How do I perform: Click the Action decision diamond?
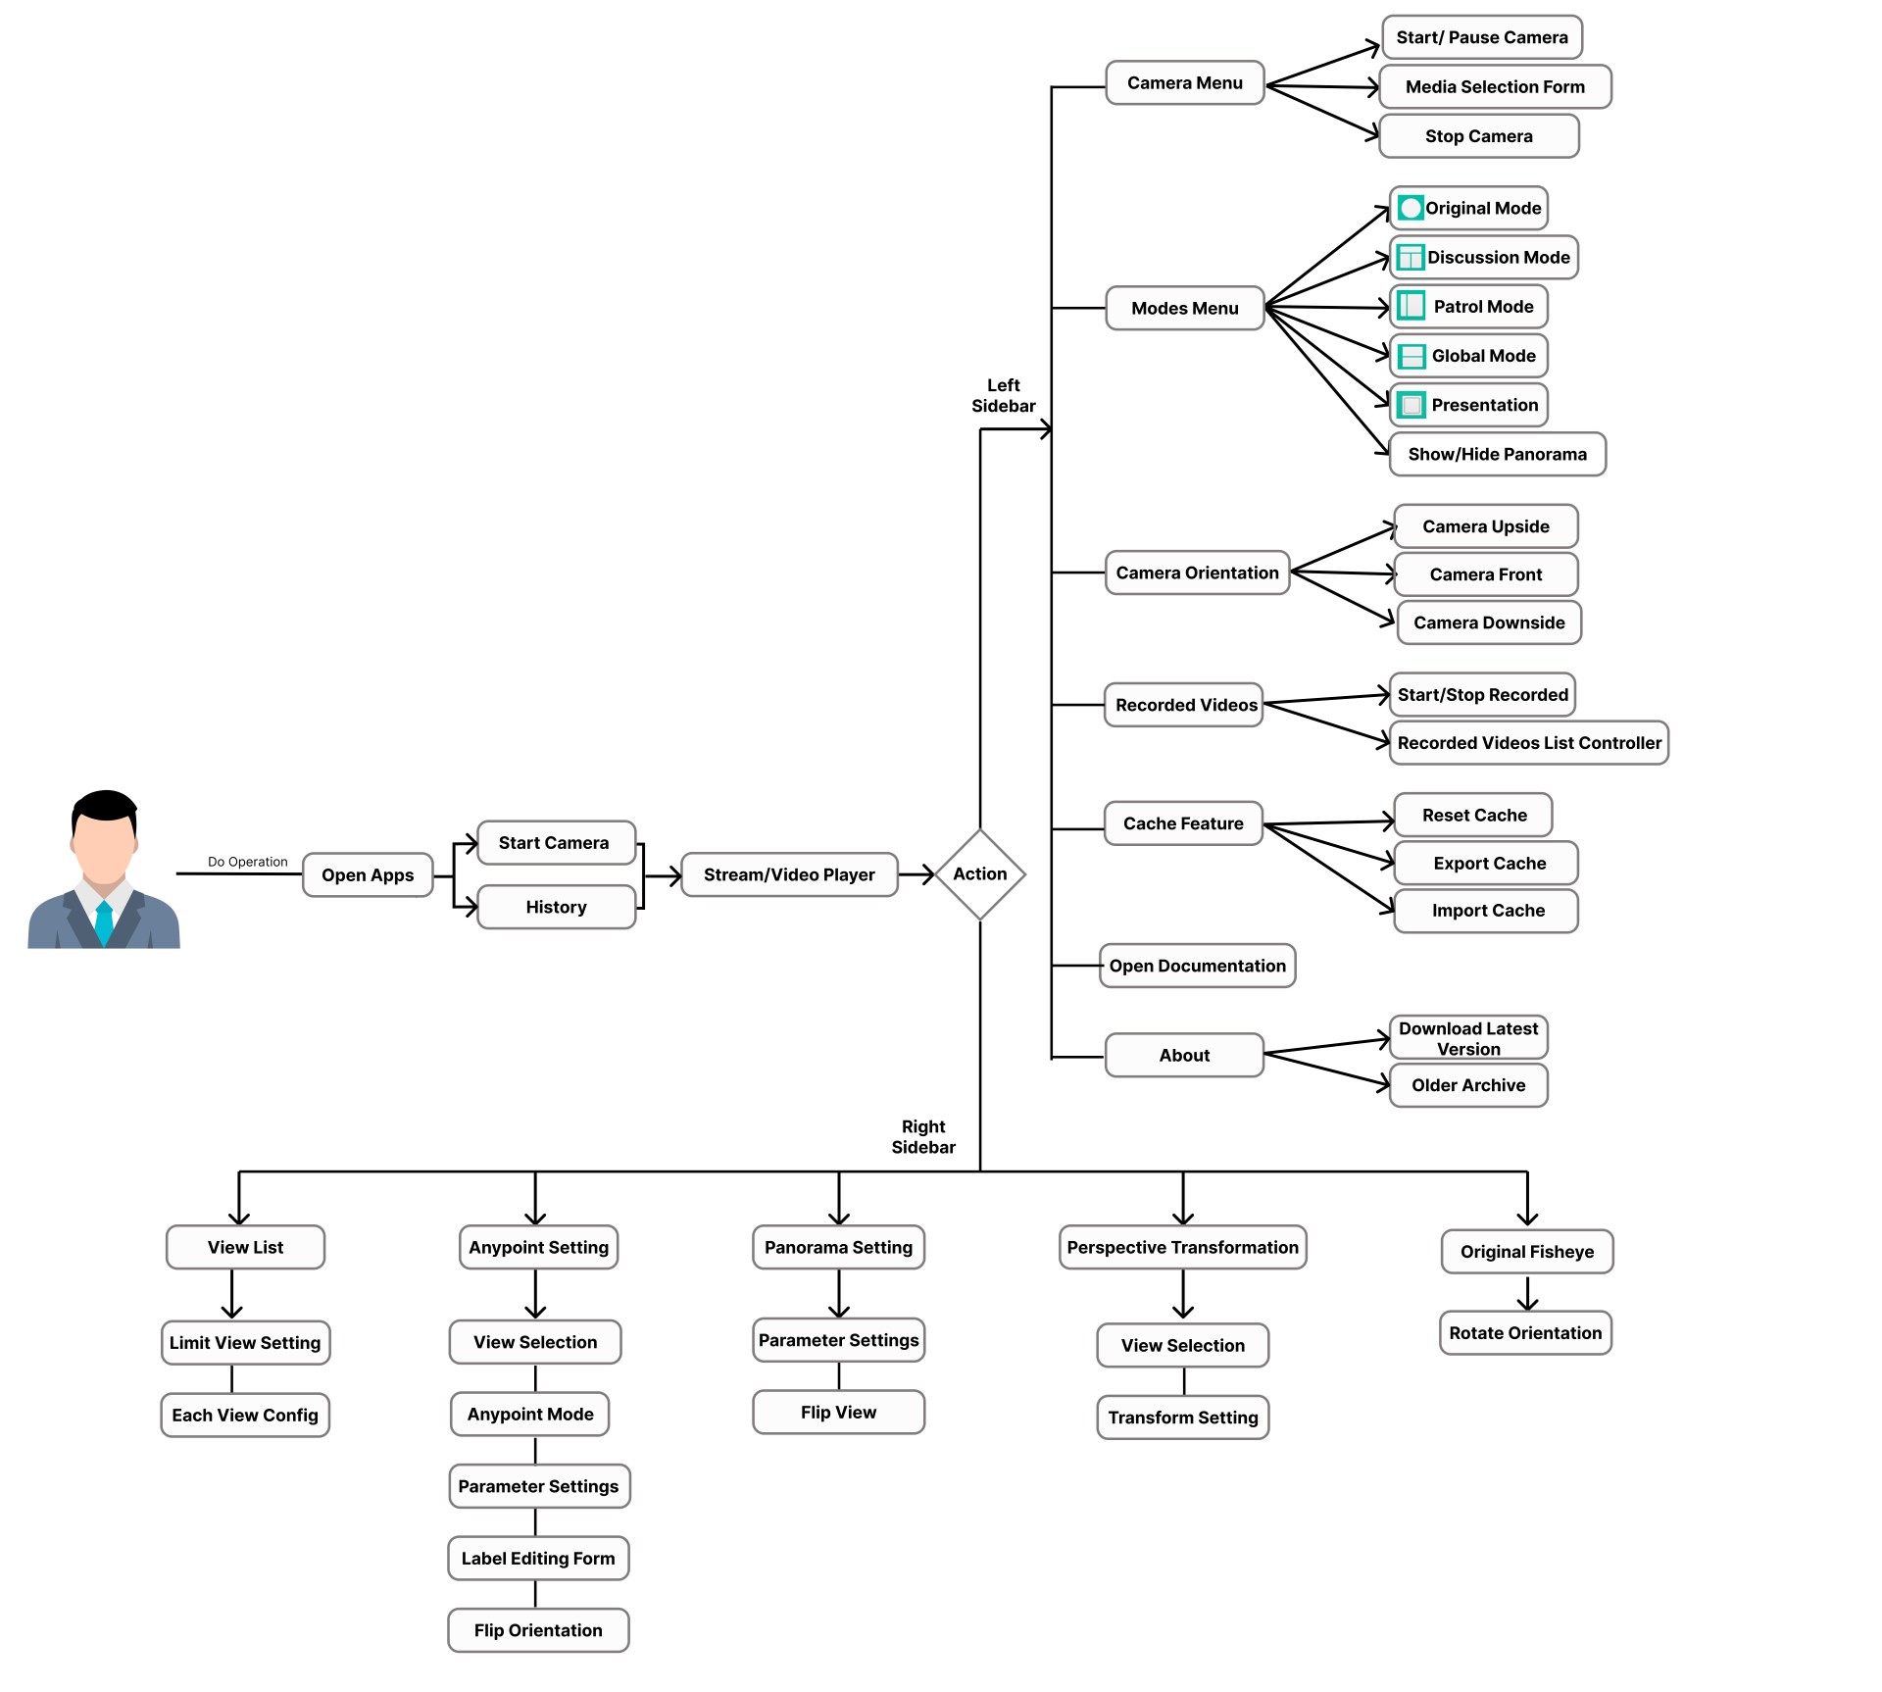[x=979, y=874]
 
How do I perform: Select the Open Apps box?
[x=368, y=875]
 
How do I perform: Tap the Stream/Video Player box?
[x=789, y=875]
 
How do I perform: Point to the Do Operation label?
[x=247, y=862]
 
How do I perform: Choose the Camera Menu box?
[x=1184, y=83]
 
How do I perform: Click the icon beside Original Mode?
[x=1411, y=208]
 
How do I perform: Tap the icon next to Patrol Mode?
[x=1411, y=306]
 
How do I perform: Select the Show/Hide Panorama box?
[x=1497, y=455]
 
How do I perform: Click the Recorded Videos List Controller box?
[x=1528, y=743]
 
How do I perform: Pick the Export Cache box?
[x=1487, y=864]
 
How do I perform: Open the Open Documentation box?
[x=1197, y=967]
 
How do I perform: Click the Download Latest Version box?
[x=1467, y=1038]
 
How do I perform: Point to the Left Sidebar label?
[x=1003, y=396]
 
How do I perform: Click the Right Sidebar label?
[x=922, y=1137]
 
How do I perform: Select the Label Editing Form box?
[x=538, y=1559]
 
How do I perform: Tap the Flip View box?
[x=838, y=1413]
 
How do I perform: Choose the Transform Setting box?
[x=1182, y=1418]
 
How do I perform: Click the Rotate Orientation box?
[x=1525, y=1333]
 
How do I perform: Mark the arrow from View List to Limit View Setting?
[x=232, y=1295]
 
